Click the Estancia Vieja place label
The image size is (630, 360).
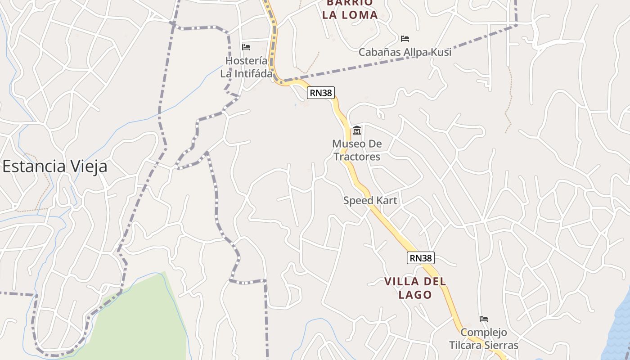(55, 166)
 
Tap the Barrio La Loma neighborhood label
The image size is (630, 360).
(350, 9)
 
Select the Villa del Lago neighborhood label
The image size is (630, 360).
(415, 288)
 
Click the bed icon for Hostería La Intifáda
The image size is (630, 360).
(246, 47)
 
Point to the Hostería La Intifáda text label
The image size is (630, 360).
(246, 67)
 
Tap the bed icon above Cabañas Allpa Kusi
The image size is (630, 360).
(405, 39)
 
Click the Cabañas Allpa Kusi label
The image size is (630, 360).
(405, 52)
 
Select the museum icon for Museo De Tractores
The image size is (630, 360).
(357, 130)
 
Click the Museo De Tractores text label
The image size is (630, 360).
(356, 150)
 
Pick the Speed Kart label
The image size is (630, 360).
(370, 200)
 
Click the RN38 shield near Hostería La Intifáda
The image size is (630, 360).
(321, 93)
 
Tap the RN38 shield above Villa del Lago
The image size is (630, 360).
(421, 258)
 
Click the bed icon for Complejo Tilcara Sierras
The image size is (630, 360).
(484, 319)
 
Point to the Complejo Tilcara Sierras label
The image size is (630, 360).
(484, 339)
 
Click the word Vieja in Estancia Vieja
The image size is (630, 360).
(88, 166)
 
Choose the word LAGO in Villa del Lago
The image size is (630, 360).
(415, 295)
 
